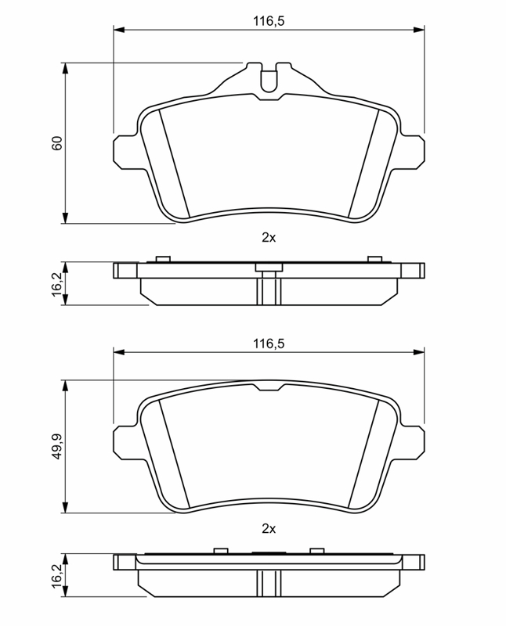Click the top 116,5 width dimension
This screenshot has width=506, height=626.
click(269, 21)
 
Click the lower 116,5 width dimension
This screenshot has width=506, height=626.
click(269, 344)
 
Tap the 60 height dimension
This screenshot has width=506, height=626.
click(57, 143)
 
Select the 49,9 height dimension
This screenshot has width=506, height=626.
click(57, 446)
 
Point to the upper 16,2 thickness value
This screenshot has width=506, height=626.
click(57, 283)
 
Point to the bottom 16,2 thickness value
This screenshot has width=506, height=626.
click(57, 575)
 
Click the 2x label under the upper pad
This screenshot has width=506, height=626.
click(269, 238)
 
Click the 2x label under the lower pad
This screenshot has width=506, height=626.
click(269, 529)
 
